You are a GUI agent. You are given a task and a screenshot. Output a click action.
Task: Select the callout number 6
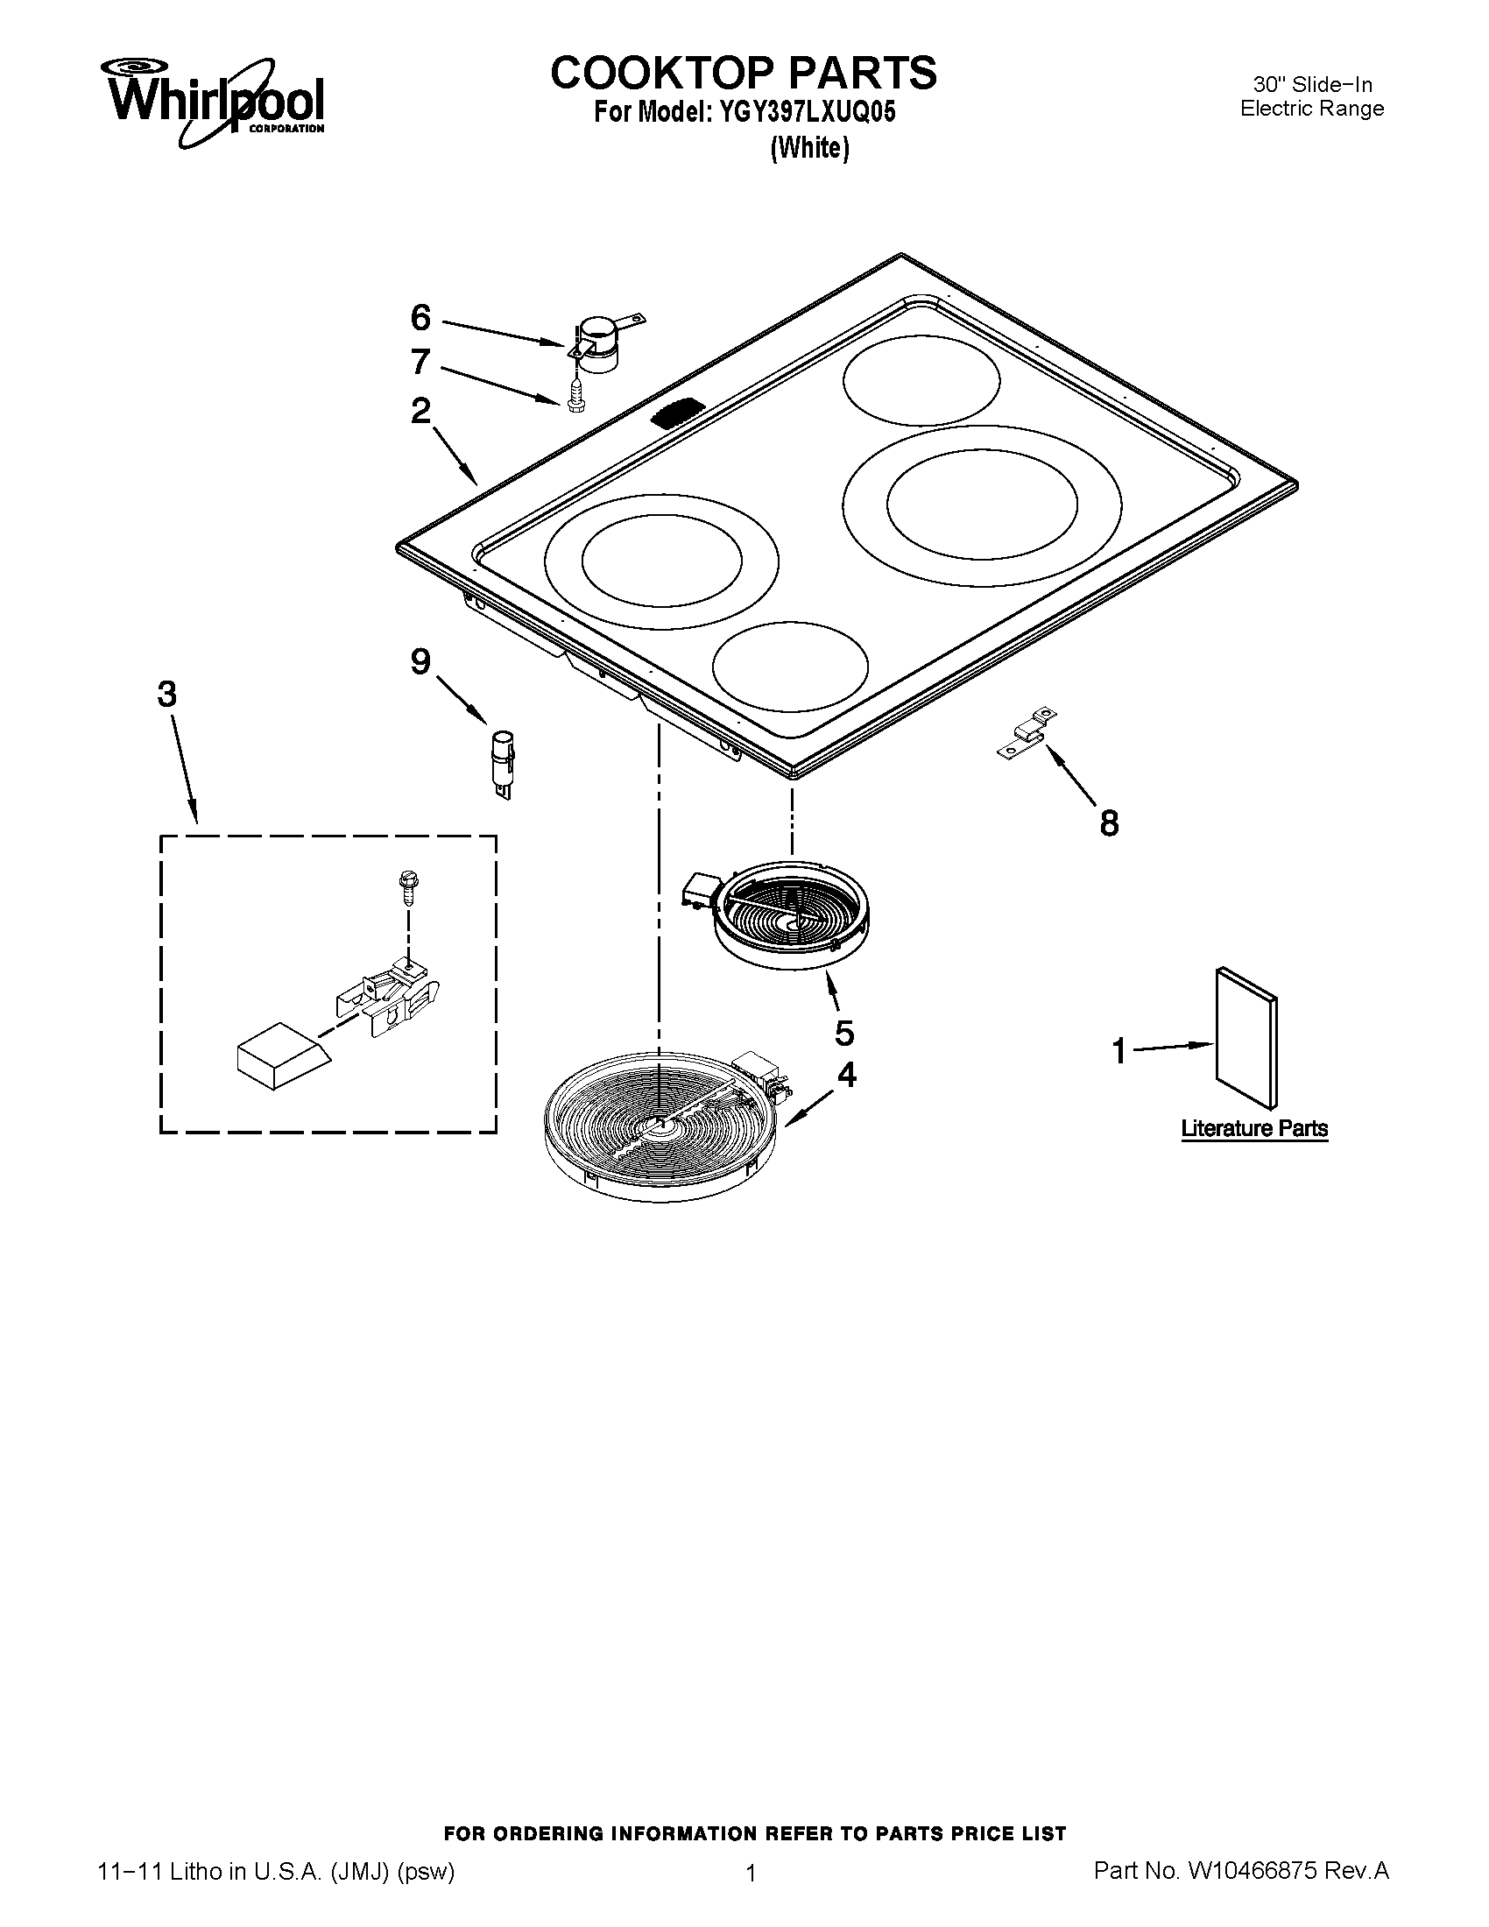coord(420,318)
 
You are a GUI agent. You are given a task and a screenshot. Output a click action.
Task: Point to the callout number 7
coord(420,361)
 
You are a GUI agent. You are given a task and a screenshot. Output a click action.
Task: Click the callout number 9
coord(420,660)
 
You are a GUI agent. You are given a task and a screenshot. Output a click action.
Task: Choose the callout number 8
coord(1109,823)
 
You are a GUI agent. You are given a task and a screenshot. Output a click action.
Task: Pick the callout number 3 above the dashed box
coord(166,695)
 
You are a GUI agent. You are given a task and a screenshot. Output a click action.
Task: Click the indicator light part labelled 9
coord(504,762)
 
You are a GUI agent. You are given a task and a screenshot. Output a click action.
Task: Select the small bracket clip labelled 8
coord(1027,731)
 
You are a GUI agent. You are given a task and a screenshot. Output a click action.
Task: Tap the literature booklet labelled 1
coord(1246,1036)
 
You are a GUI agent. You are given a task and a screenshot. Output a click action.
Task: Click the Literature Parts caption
coord(1254,1128)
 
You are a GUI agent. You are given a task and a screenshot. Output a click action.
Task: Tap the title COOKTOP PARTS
coord(744,73)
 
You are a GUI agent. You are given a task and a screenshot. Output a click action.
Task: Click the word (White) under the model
coord(810,147)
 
